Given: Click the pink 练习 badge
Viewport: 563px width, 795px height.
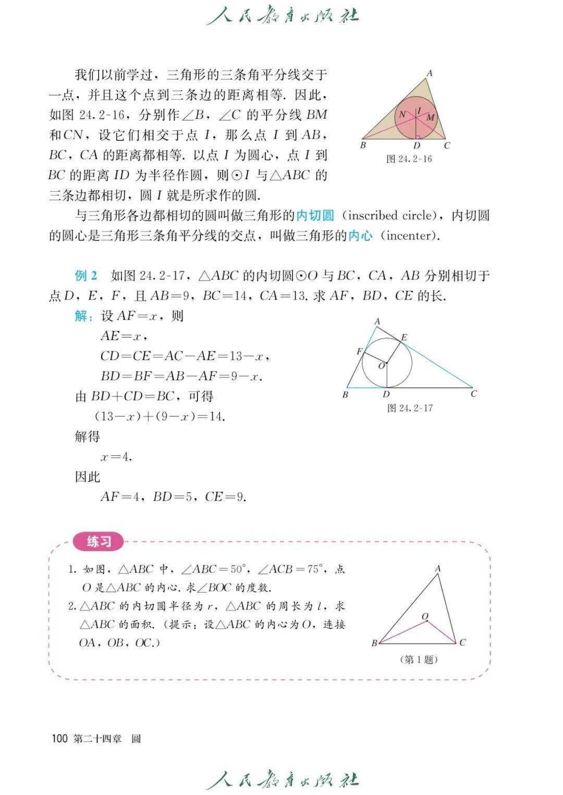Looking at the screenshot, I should pyautogui.click(x=99, y=542).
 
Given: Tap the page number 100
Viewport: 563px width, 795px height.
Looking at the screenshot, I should pyautogui.click(x=60, y=738).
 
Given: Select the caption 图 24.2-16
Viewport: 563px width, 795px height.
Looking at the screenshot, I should pyautogui.click(x=409, y=159).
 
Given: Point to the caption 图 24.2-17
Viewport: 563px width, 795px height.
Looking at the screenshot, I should pyautogui.click(x=410, y=408).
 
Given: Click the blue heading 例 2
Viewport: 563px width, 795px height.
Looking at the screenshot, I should pyautogui.click(x=86, y=276).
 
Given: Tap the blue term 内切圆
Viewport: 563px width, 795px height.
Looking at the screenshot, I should pyautogui.click(x=315, y=216).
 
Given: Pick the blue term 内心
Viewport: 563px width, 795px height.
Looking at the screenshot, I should pyautogui.click(x=360, y=235).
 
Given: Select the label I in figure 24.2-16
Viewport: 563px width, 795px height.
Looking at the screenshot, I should pyautogui.click(x=419, y=110).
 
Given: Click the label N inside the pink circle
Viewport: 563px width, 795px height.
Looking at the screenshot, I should pyautogui.click(x=402, y=115).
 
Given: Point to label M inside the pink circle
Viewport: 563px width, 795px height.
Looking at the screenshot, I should pyautogui.click(x=430, y=118).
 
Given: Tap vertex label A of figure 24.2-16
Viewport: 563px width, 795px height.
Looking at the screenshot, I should pyautogui.click(x=430, y=73).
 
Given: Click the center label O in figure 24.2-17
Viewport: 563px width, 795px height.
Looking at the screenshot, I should pyautogui.click(x=382, y=366).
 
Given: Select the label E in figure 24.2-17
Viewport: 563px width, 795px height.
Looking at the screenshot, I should pyautogui.click(x=404, y=338).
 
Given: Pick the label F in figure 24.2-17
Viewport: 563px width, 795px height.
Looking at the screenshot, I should pyautogui.click(x=359, y=352).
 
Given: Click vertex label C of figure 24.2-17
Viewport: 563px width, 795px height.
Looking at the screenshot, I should pyautogui.click(x=473, y=394).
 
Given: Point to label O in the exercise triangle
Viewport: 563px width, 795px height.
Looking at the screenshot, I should pyautogui.click(x=425, y=617).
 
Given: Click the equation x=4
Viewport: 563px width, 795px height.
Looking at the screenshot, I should pyautogui.click(x=116, y=457).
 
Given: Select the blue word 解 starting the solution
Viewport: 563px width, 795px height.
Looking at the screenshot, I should pyautogui.click(x=81, y=316).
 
